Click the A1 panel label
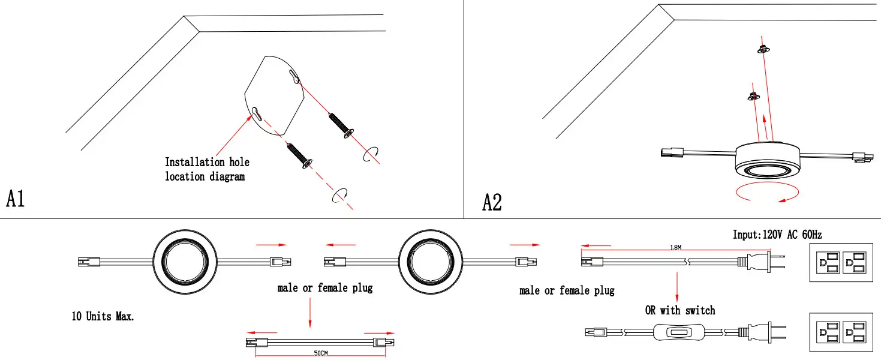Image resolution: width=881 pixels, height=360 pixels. [16, 199]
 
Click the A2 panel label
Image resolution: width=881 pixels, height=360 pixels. [492, 202]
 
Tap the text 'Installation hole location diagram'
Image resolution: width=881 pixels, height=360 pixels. [207, 169]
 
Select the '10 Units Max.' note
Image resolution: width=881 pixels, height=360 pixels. [103, 316]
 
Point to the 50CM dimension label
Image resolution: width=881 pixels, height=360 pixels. [320, 353]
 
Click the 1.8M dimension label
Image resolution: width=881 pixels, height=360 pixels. [676, 247]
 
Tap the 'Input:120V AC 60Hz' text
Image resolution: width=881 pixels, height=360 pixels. [777, 235]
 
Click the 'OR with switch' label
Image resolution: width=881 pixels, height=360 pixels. [680, 310]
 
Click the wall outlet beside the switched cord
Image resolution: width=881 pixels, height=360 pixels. [841, 332]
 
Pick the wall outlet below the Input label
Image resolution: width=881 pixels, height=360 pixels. [841, 262]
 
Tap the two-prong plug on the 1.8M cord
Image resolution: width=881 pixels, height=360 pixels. [762, 262]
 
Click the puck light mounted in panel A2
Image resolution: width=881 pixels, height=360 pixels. [767, 161]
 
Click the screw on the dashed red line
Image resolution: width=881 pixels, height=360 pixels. [300, 156]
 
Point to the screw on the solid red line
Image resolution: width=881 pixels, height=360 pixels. [341, 125]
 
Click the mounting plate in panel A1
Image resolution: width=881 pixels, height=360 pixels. [275, 95]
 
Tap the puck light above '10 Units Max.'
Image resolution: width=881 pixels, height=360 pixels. [185, 262]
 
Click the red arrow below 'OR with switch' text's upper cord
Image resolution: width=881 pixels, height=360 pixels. [677, 287]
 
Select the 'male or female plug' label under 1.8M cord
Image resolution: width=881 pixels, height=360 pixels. [567, 291]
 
